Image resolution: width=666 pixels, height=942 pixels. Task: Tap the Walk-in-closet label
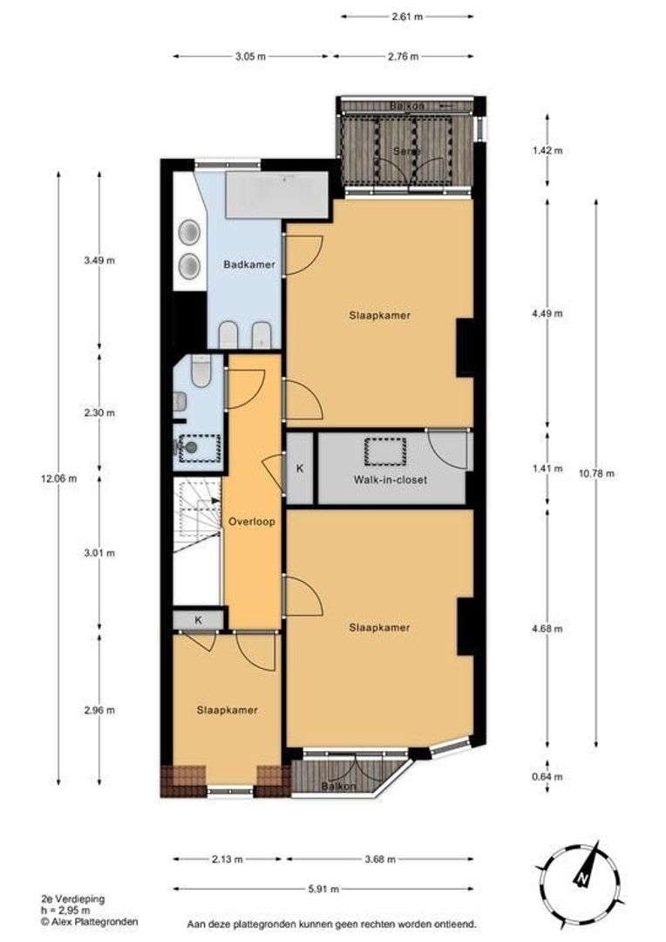390,479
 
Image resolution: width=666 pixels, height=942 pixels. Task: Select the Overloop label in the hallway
252,522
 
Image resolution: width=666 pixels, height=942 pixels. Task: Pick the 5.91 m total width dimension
323,889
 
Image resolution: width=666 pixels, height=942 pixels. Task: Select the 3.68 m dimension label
380,857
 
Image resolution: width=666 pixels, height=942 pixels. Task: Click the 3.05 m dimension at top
250,57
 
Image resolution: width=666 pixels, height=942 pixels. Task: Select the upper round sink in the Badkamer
189,232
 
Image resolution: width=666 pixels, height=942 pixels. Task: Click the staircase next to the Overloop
197,522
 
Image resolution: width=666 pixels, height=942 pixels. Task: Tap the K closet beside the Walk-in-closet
300,469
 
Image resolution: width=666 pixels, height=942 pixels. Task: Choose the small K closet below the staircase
199,620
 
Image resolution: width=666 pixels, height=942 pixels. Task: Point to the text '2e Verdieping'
69,898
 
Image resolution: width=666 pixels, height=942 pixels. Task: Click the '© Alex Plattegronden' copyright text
88,921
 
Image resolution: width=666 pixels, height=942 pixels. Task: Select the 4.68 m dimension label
547,628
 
